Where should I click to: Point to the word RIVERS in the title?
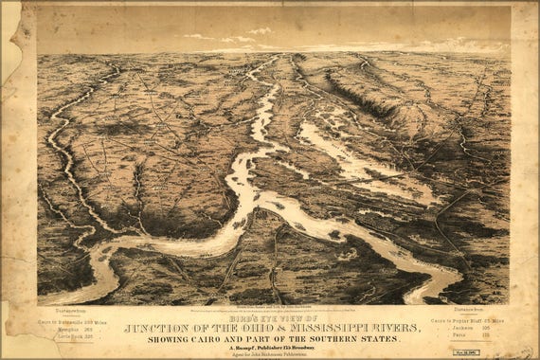[384, 328]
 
